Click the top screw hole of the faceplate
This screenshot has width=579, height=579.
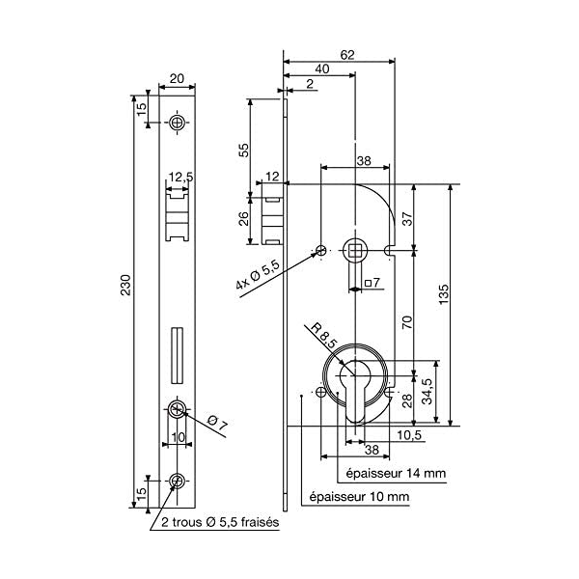(x=178, y=123)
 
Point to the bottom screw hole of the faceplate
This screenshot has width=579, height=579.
(x=177, y=482)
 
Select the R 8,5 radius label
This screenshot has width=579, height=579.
(x=323, y=336)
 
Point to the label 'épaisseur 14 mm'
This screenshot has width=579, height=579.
(x=394, y=473)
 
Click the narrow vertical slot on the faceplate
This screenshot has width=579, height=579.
(x=175, y=354)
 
